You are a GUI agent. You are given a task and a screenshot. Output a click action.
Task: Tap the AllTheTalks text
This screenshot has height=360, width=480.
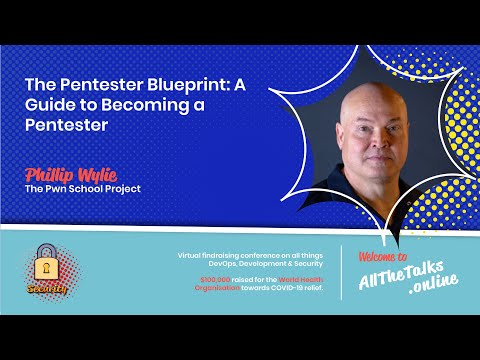coord(398,276)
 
